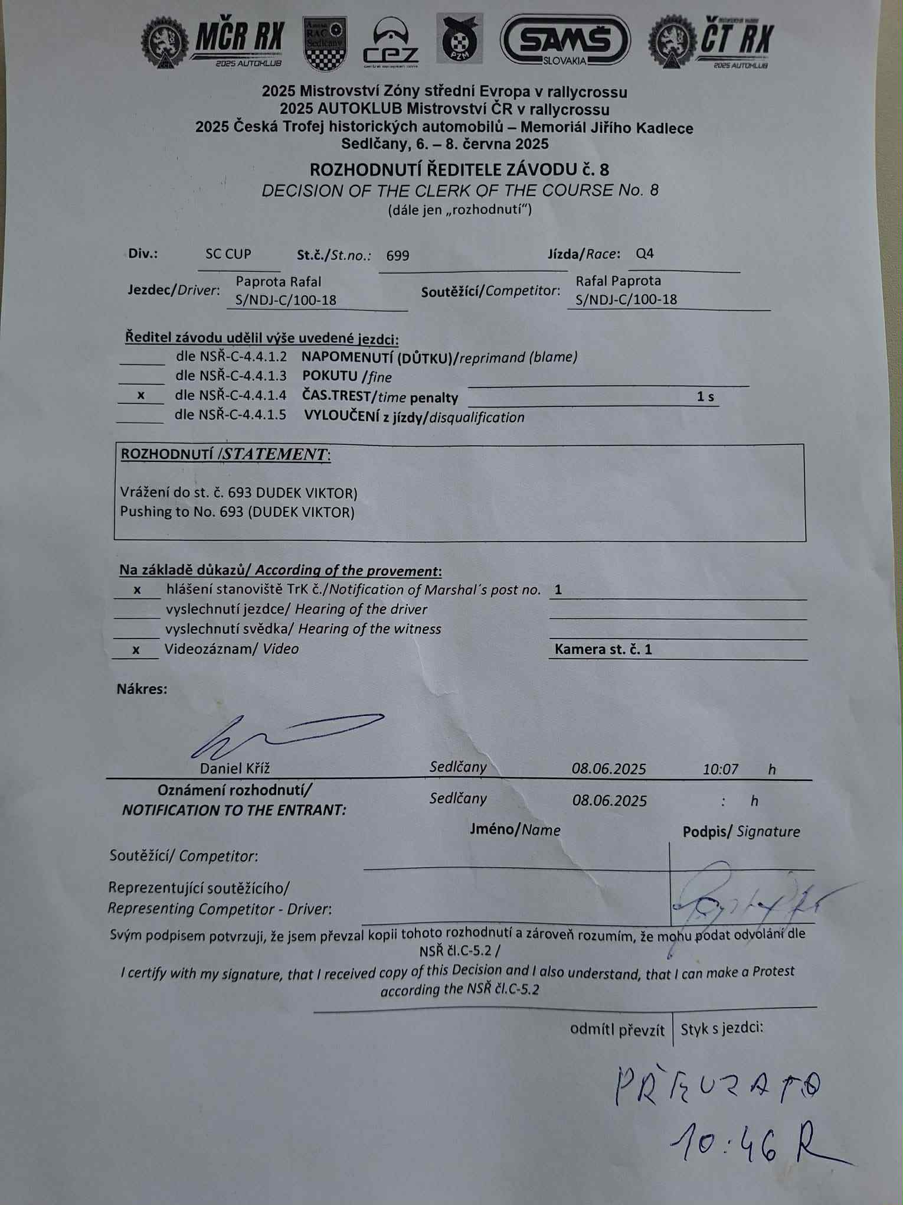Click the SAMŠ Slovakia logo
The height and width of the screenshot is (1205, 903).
(565, 40)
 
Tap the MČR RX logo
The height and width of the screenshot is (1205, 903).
(213, 43)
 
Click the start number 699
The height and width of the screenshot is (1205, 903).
(397, 256)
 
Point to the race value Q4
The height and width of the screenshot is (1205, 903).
(644, 254)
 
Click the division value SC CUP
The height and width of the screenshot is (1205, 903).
(228, 254)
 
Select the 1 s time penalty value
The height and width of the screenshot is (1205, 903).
(705, 396)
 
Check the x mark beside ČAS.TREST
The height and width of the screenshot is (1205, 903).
(140, 395)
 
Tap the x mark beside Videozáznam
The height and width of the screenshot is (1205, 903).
(136, 650)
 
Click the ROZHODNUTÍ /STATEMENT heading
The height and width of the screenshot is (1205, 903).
(225, 454)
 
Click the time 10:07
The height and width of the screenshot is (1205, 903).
(720, 769)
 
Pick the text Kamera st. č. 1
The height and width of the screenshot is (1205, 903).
(603, 650)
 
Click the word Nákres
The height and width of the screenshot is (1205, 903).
(142, 689)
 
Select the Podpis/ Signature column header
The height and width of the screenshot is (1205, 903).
(741, 832)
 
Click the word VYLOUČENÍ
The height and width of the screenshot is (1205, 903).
(341, 416)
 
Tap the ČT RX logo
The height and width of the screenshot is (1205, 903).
(712, 43)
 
